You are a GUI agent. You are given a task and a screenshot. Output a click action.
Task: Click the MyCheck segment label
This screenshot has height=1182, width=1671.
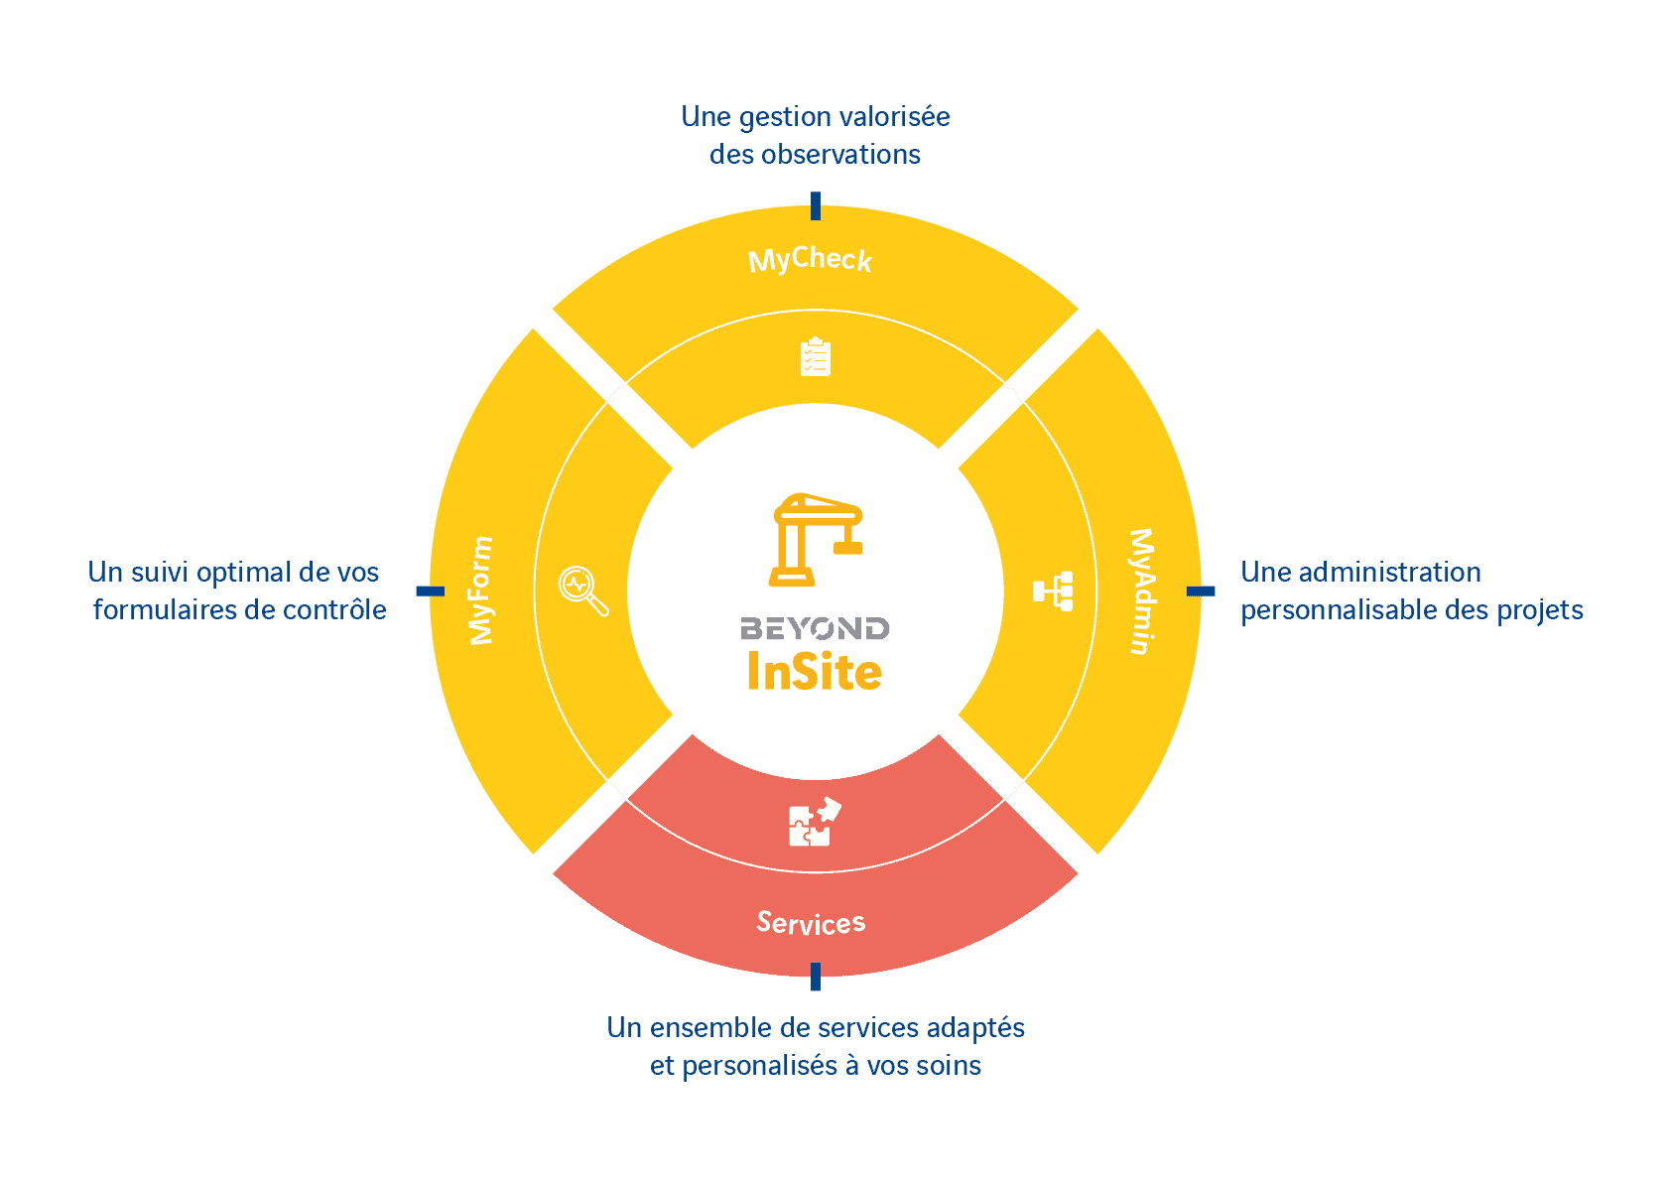pos(810,260)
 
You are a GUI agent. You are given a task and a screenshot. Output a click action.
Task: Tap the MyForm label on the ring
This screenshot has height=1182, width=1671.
pos(481,591)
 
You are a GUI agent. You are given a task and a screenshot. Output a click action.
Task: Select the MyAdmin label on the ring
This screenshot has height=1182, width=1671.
pos(1142,591)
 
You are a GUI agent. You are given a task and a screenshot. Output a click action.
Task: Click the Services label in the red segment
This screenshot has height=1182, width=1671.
pos(811,923)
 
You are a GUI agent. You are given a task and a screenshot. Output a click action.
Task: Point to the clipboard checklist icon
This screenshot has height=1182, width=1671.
pos(816,357)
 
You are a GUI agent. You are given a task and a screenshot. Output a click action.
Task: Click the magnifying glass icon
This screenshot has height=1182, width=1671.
pos(583,591)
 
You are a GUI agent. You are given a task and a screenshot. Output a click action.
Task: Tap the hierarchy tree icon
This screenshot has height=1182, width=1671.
pos(1053,591)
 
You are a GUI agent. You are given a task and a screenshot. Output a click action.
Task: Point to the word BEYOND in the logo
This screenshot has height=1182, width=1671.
pos(815,628)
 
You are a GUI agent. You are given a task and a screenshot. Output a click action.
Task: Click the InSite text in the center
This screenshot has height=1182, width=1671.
pos(815,672)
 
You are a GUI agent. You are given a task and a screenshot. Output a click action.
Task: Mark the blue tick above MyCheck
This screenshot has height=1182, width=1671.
pos(816,205)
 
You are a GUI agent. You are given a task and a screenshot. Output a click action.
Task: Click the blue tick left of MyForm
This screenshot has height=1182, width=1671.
pos(430,591)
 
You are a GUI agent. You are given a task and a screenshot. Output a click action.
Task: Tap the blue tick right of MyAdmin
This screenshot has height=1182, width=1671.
pos(1201,591)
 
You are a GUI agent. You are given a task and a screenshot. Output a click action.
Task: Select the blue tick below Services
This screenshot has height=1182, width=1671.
pos(816,977)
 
